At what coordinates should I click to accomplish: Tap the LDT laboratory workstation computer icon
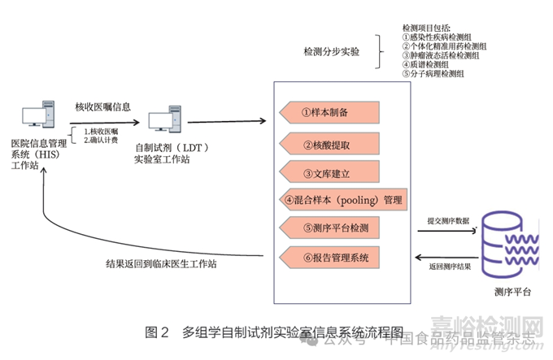point(167,120)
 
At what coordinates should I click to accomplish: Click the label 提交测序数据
point(448,220)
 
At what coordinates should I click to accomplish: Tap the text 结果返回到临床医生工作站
point(161,264)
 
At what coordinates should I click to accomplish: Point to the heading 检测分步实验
point(332,52)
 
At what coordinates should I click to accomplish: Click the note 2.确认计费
point(101,140)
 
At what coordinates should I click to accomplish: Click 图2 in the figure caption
point(156,332)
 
